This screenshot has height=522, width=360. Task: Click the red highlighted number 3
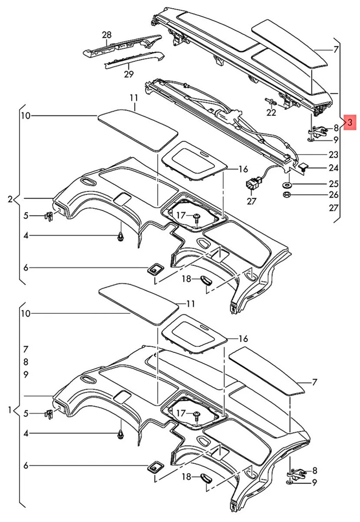(x=350, y=122)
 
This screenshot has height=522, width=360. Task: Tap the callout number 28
(x=106, y=35)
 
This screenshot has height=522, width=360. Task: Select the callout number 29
(x=128, y=74)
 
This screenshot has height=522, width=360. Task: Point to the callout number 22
(x=271, y=113)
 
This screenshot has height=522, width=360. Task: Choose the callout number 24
(x=333, y=169)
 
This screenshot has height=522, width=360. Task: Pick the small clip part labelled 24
(x=303, y=165)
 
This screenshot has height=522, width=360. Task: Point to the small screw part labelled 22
(x=270, y=101)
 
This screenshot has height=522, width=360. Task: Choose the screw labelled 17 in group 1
(x=196, y=416)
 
